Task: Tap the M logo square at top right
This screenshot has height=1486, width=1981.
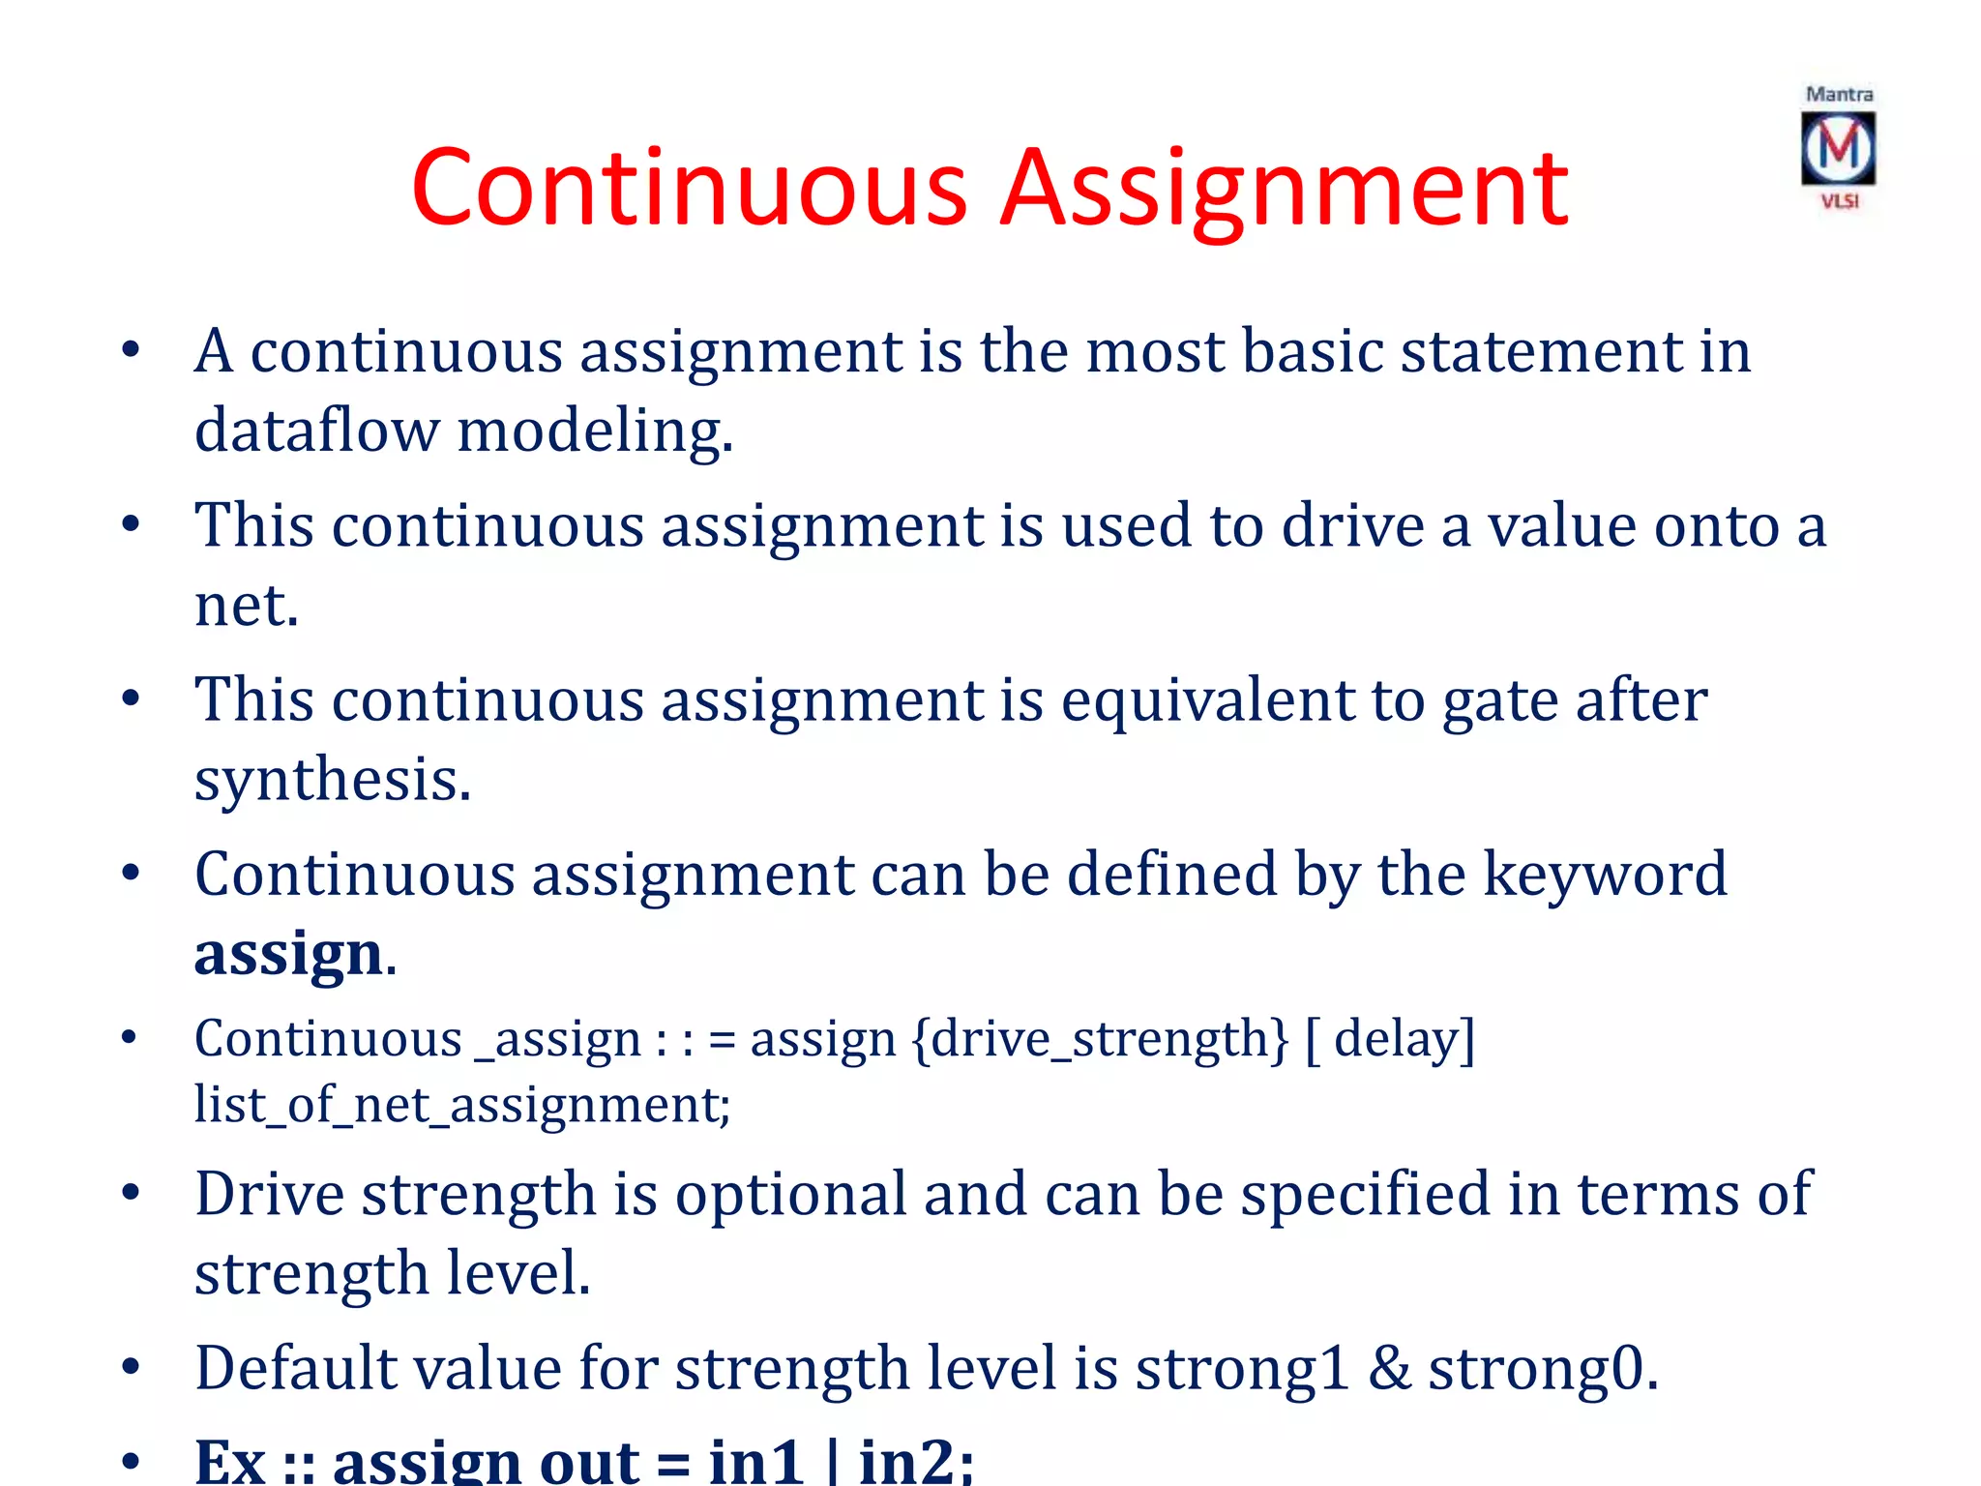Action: (1838, 148)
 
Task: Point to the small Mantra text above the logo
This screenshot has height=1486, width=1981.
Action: (1839, 95)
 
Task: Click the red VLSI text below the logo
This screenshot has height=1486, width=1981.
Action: (1840, 201)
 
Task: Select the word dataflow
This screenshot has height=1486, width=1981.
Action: (316, 431)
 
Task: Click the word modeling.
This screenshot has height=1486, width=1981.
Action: (595, 431)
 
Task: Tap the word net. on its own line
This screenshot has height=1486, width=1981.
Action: (247, 607)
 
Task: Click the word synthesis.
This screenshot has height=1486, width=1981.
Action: (333, 780)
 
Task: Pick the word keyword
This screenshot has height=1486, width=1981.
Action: (1605, 875)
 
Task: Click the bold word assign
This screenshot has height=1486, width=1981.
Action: (289, 954)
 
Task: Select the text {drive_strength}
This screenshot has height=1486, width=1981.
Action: (1100, 1040)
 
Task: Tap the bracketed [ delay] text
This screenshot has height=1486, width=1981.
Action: (1390, 1040)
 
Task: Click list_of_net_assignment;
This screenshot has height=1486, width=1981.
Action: (462, 1105)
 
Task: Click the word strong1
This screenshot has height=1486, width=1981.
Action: (1242, 1370)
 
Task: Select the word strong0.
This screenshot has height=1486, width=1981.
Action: (1542, 1370)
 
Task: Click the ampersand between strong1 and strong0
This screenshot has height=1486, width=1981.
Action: (1389, 1370)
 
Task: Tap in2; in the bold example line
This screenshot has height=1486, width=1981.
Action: (915, 1461)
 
